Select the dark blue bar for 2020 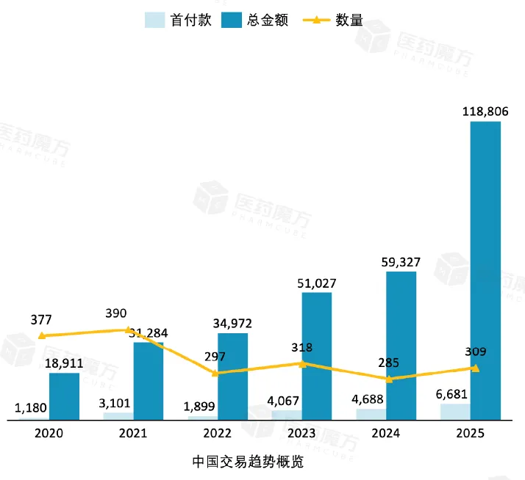pos(64,396)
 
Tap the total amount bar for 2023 pos(316,356)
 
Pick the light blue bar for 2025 pos(455,412)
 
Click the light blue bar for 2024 pos(371,414)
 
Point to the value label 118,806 pos(485,112)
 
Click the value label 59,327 pos(401,261)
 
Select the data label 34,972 pos(232,323)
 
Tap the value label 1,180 pos(31,407)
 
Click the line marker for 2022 pos(215,373)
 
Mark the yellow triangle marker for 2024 pos(390,379)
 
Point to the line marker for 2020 pos(42,335)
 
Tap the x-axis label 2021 pos(133,433)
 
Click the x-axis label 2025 pos(471,433)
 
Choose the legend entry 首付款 pos(179,20)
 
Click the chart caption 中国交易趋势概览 pos(248,462)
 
